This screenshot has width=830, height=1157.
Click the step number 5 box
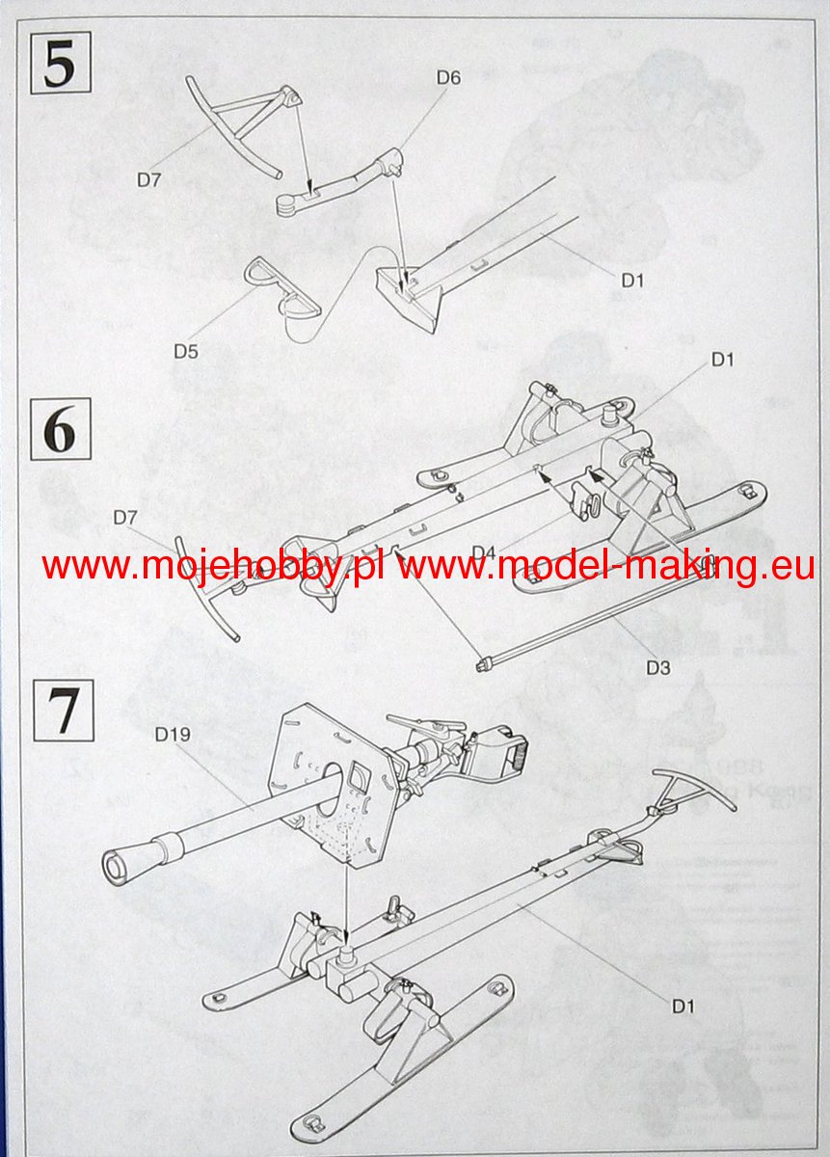tap(60, 63)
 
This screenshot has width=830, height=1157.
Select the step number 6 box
tap(60, 428)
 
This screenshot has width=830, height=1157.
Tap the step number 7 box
tap(63, 710)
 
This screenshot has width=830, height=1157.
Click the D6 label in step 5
tap(448, 78)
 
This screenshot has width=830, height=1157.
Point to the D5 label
tap(186, 352)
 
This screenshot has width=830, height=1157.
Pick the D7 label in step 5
tap(149, 178)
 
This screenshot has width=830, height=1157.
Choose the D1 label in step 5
tap(631, 281)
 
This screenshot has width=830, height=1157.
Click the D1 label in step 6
tap(723, 359)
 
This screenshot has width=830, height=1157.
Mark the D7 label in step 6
tap(126, 518)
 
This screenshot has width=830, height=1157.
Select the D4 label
tap(485, 552)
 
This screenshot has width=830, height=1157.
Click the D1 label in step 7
tap(683, 1007)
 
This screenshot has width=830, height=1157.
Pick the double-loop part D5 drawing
tap(280, 294)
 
